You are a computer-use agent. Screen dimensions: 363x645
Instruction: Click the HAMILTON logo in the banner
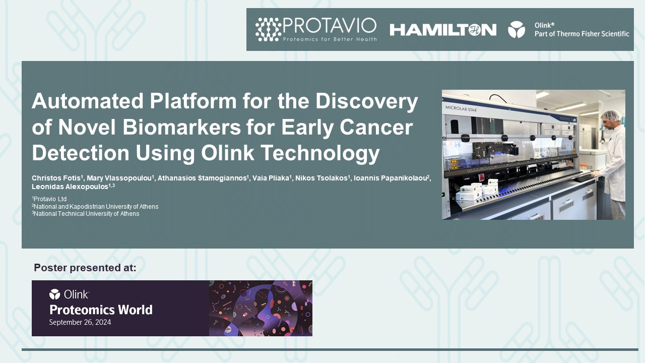[443, 30]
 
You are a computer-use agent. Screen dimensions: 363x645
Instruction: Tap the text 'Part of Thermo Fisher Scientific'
[582, 34]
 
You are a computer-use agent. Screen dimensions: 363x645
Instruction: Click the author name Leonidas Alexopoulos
[71, 187]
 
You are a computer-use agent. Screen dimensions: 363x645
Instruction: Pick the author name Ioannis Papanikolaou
[390, 178]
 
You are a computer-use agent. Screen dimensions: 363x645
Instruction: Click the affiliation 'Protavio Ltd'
[50, 199]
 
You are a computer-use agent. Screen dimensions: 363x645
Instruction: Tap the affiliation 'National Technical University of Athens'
[86, 214]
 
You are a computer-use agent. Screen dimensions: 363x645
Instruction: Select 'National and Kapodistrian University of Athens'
[96, 206]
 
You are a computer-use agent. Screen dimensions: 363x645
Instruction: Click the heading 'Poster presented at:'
[85, 268]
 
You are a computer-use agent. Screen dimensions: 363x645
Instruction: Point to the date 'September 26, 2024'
[80, 322]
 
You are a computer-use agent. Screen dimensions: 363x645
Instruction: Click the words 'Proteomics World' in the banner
[101, 309]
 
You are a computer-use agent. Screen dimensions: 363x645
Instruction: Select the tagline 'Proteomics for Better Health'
[330, 39]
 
